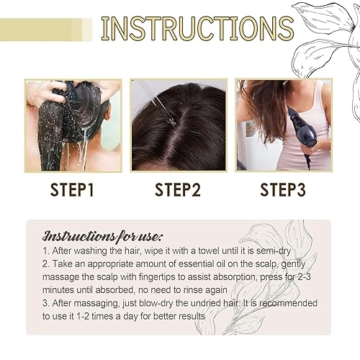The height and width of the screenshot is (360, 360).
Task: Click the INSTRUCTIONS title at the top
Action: point(197,28)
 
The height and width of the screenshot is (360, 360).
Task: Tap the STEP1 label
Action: point(71,190)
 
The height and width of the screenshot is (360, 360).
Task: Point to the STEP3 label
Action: point(284,190)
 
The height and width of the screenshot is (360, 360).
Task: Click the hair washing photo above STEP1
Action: point(73,125)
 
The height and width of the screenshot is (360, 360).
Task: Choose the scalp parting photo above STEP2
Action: point(179,125)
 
